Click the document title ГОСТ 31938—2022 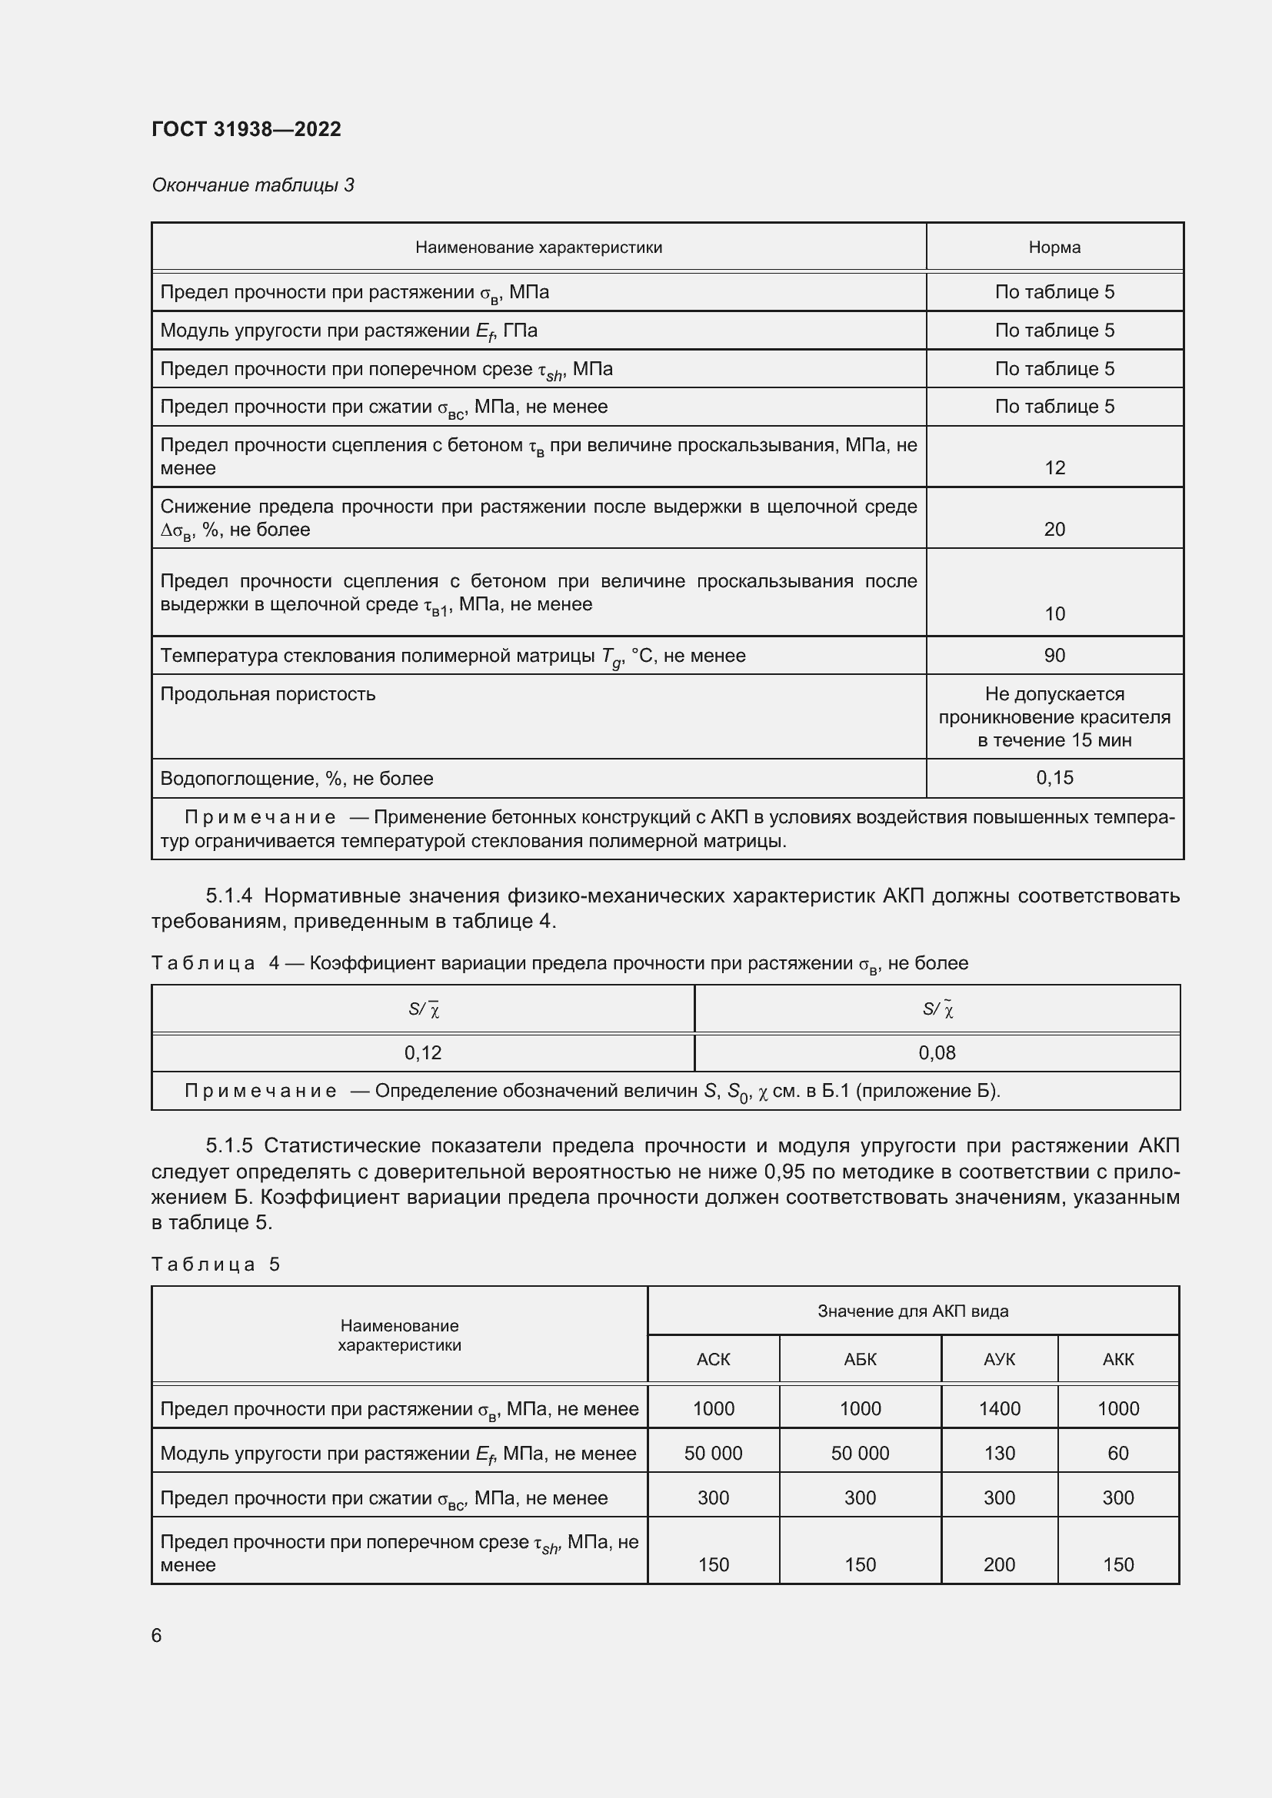coord(246,129)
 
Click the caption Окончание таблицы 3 coord(252,184)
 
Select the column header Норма coord(1054,248)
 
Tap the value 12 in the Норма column coord(1054,467)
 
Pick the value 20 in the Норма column coord(1054,530)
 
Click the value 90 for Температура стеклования coord(1054,656)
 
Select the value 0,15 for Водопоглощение coord(1054,778)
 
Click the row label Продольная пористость coord(268,694)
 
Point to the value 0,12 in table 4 coord(423,1052)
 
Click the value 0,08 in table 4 coord(937,1052)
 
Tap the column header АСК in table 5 coord(713,1360)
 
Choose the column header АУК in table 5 coord(1000,1360)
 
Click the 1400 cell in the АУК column coord(1000,1409)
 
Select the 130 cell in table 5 coord(1000,1454)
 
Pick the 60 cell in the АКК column coord(1117,1454)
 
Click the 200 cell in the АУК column coord(1000,1564)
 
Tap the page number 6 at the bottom coord(157,1635)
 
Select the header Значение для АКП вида coord(913,1311)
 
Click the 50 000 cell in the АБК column coord(860,1454)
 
